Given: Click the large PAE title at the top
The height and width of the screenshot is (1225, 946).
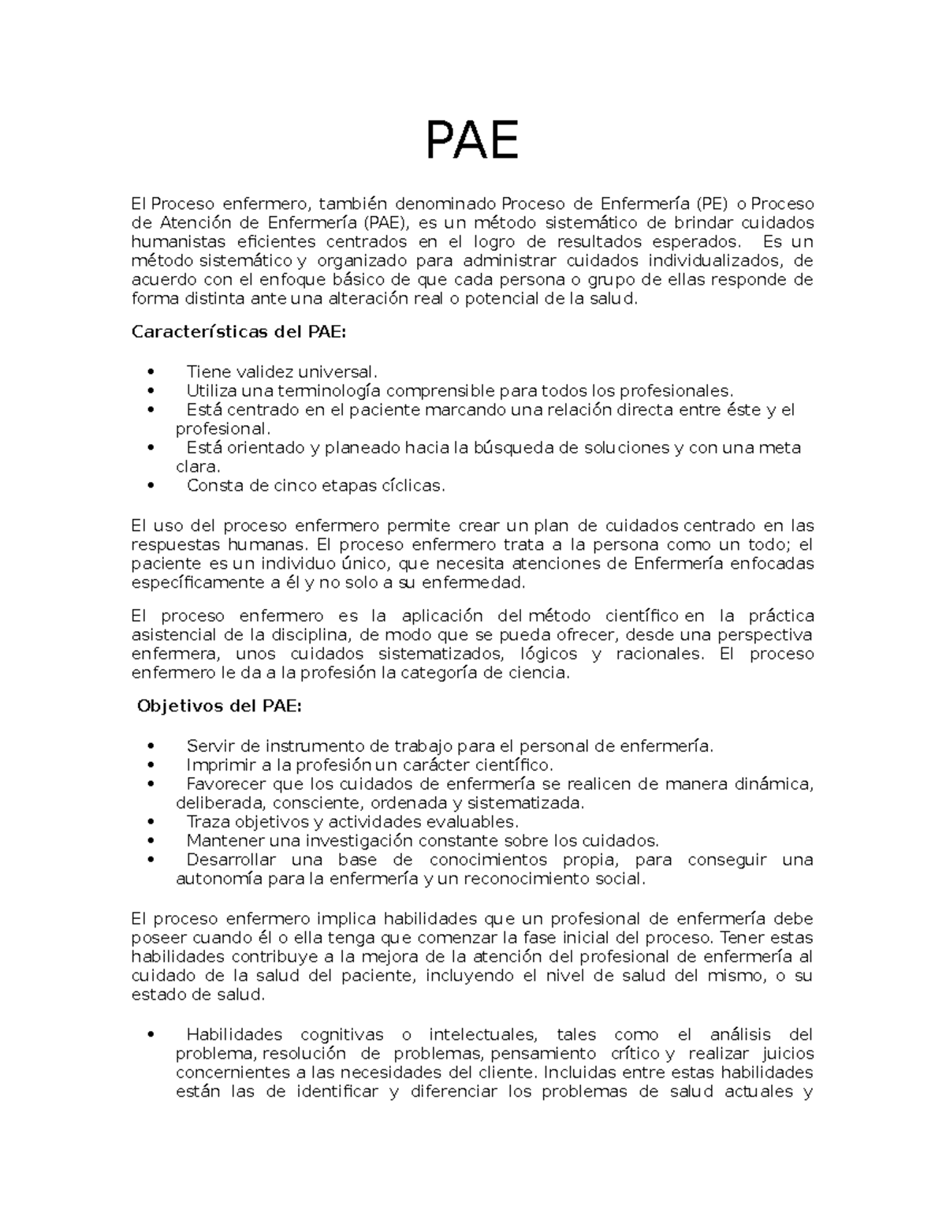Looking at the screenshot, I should point(472,140).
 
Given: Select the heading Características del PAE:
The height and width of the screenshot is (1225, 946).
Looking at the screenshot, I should point(238,332).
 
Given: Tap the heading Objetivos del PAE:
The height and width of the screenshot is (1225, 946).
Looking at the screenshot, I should point(219,706).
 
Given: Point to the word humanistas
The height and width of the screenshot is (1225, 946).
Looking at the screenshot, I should point(177,241).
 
